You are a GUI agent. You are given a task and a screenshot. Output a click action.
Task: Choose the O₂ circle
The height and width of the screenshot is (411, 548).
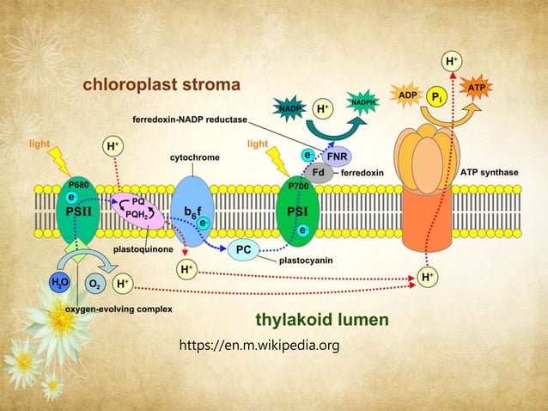(x=94, y=283)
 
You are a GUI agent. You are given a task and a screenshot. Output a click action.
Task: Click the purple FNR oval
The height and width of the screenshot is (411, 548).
(x=337, y=157)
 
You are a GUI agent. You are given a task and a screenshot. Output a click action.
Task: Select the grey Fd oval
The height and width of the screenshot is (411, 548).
(x=318, y=172)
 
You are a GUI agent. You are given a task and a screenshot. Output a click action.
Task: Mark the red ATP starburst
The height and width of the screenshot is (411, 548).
(x=476, y=88)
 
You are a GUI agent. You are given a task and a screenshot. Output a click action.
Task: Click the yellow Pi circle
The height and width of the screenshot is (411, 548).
(x=436, y=96)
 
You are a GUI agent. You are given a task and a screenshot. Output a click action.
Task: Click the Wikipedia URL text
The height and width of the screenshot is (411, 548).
(x=259, y=346)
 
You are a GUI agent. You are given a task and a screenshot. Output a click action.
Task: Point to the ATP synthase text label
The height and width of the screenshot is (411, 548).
(x=489, y=173)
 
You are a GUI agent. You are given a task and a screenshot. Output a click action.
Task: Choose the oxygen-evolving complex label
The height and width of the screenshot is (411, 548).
(x=107, y=308)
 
